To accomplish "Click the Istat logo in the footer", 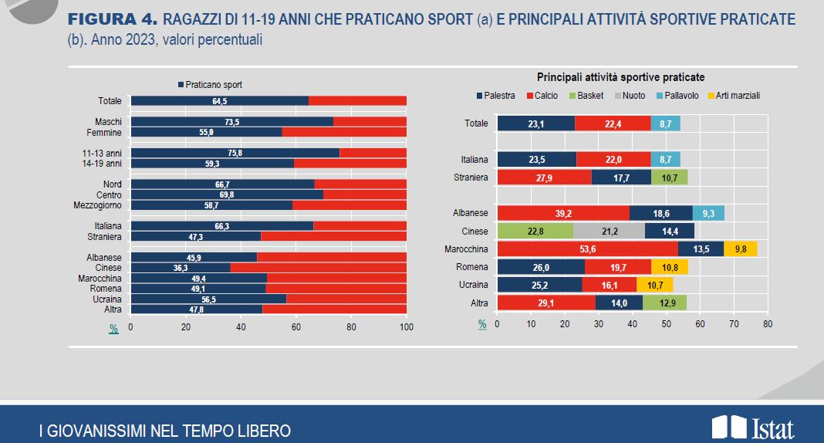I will tap(752, 428).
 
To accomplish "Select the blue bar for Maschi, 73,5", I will tap(231, 122).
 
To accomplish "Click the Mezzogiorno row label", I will tap(99, 205).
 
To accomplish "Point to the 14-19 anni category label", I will tap(102, 164).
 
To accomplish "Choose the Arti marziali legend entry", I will tap(733, 96).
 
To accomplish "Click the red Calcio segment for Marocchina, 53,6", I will tap(587, 249).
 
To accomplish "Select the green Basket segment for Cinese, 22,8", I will tap(535, 231).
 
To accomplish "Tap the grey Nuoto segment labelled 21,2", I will tap(609, 231).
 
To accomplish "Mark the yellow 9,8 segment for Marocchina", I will tap(741, 249).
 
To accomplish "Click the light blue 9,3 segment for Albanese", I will tap(708, 213).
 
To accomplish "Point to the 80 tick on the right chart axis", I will tap(767, 324).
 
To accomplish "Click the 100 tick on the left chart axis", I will tap(407, 327).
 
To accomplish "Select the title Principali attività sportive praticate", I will tap(620, 77).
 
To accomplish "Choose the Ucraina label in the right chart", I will tap(474, 285).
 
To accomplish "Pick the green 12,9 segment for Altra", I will tap(664, 303).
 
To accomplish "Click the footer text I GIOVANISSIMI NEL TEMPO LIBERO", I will tap(165, 431).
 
